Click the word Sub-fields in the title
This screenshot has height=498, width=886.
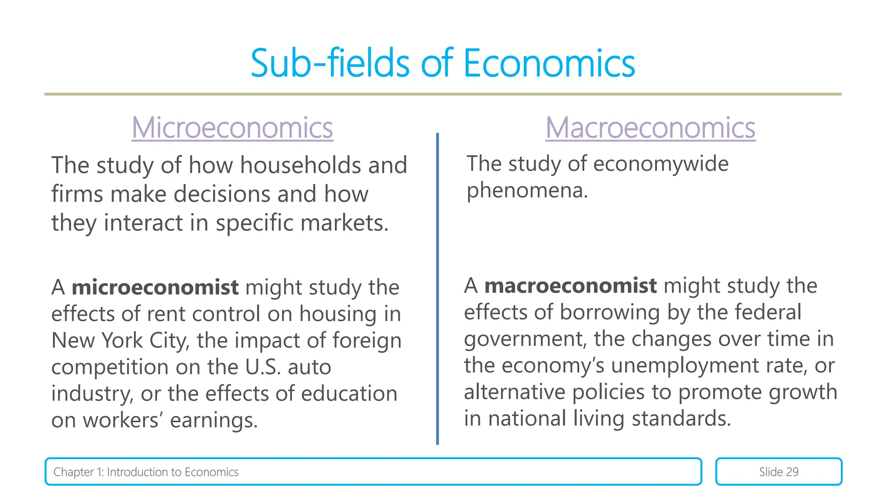pyautogui.click(x=330, y=64)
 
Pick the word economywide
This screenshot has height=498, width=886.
pyautogui.click(x=661, y=164)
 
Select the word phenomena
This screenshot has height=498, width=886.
pyautogui.click(x=526, y=190)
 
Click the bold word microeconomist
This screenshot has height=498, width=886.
pyautogui.click(x=155, y=287)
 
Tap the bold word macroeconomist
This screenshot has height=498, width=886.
pyautogui.click(x=570, y=286)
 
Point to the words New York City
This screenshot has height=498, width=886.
pyautogui.click(x=120, y=341)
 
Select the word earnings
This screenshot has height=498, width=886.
pyautogui.click(x=213, y=420)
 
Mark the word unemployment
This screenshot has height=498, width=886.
pyautogui.click(x=685, y=365)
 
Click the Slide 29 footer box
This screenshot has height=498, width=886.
pyautogui.click(x=778, y=472)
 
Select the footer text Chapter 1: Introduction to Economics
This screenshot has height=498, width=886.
pyautogui.click(x=146, y=472)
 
